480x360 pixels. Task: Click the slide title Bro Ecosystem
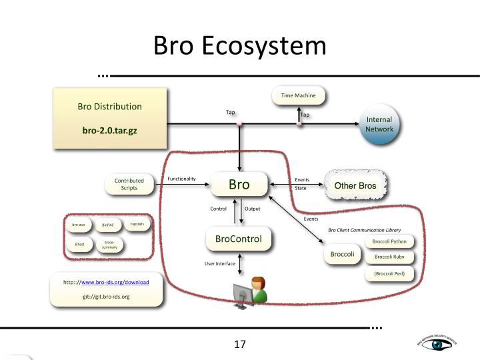tap(240, 45)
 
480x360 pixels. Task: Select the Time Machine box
tap(298, 96)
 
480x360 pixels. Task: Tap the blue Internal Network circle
tap(379, 124)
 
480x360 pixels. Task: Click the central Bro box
tap(239, 185)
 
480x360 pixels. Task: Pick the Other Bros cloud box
tap(355, 185)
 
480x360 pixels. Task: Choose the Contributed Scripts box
tap(129, 185)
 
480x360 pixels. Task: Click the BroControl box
tap(238, 239)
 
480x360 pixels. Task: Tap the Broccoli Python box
tap(389, 241)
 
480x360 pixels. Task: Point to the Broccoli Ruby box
tap(389, 257)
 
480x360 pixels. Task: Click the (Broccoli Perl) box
tap(389, 273)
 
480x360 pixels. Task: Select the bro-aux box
tap(79, 225)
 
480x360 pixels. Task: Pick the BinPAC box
tap(108, 225)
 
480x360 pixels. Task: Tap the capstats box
tap(137, 224)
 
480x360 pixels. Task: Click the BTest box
tap(79, 245)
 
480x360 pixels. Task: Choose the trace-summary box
tap(109, 245)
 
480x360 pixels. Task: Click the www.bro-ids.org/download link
tap(119, 283)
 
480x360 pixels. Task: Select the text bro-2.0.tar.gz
tap(109, 131)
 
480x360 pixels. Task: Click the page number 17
tap(240, 345)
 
